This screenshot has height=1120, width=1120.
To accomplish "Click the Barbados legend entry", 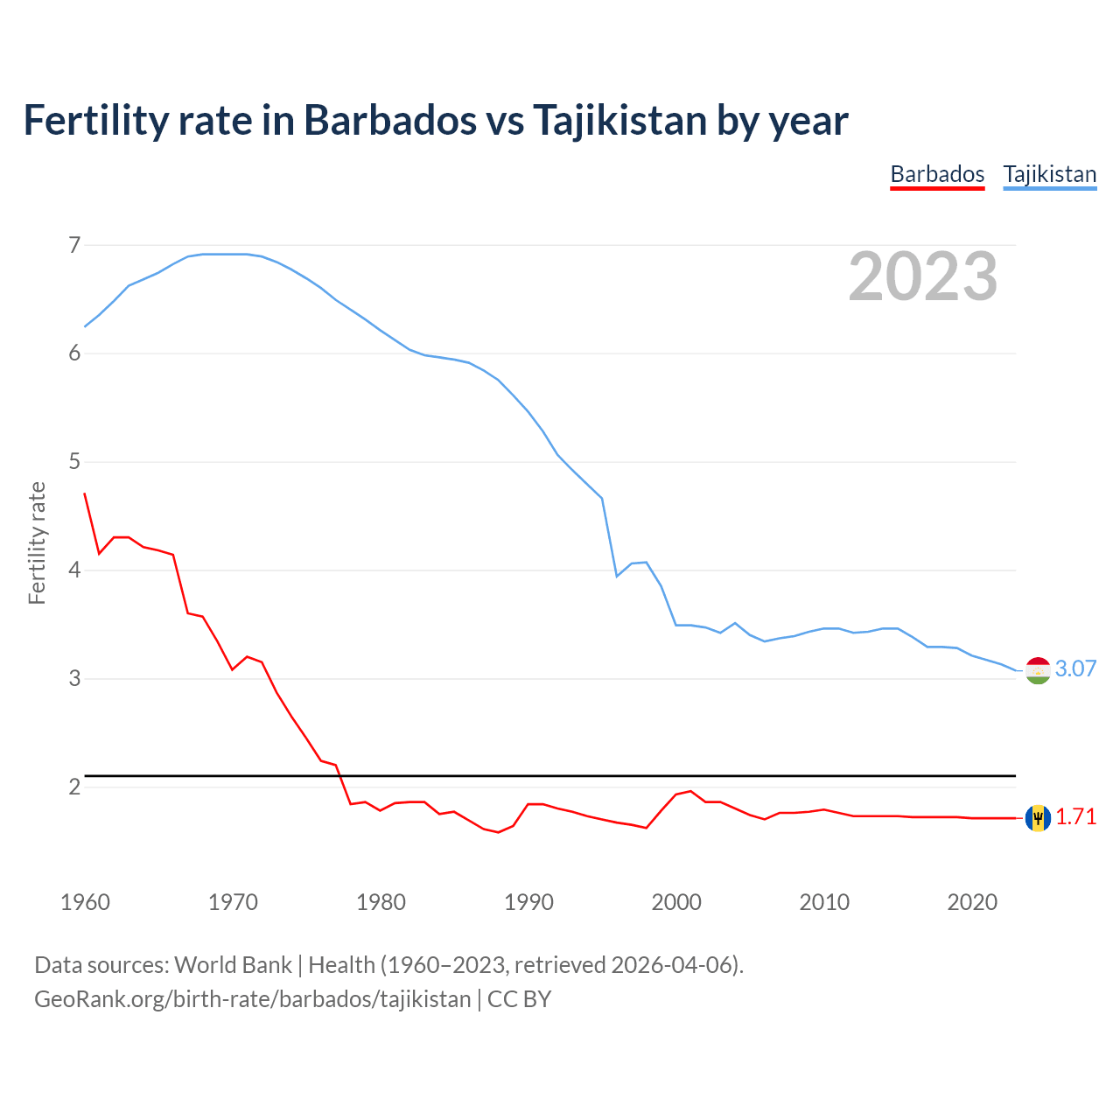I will click(x=937, y=174).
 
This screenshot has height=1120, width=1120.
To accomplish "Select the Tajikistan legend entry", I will click(x=1049, y=174).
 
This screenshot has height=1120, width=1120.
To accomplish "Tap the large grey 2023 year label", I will click(x=922, y=276).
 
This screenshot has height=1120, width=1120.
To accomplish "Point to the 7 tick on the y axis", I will click(x=74, y=245).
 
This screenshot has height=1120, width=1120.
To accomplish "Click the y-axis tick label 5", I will click(x=74, y=461).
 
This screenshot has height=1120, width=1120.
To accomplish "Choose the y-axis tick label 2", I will click(x=74, y=787).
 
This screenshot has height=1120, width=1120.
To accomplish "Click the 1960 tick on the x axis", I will click(x=85, y=902).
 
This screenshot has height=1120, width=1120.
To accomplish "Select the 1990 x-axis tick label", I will click(x=528, y=902).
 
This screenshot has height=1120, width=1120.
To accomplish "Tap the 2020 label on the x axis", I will click(x=972, y=902).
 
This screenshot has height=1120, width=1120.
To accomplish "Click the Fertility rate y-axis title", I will click(x=37, y=542).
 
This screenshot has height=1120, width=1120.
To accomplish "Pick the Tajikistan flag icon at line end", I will click(x=1038, y=670).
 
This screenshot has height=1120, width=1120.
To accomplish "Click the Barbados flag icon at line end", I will click(x=1038, y=818).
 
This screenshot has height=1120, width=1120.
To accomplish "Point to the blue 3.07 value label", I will click(x=1075, y=669).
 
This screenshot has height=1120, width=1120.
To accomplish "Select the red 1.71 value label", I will click(x=1075, y=817).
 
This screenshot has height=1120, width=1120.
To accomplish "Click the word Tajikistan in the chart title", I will click(x=619, y=120).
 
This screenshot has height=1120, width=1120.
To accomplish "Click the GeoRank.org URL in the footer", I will click(x=252, y=999).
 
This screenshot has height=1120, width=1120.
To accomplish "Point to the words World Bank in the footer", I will click(x=233, y=965).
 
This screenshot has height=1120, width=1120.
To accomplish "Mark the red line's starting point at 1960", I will click(x=85, y=493).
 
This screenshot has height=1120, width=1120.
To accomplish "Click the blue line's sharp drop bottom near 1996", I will click(x=617, y=576).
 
